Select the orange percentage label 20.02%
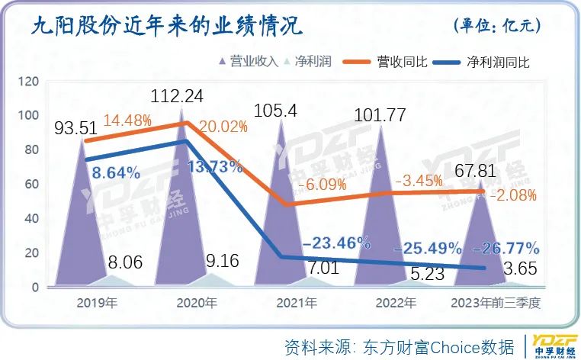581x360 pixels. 223,126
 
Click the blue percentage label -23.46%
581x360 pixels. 336,243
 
